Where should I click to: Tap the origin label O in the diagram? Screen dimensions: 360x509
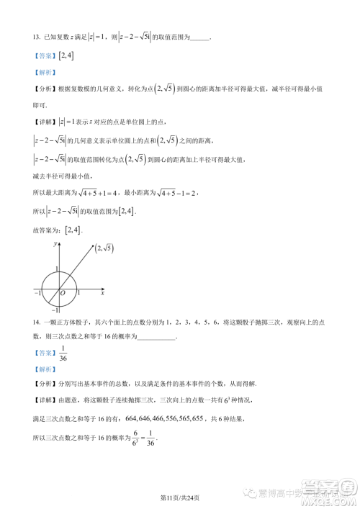point(63,294)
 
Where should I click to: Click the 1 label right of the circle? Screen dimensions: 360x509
point(78,294)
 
